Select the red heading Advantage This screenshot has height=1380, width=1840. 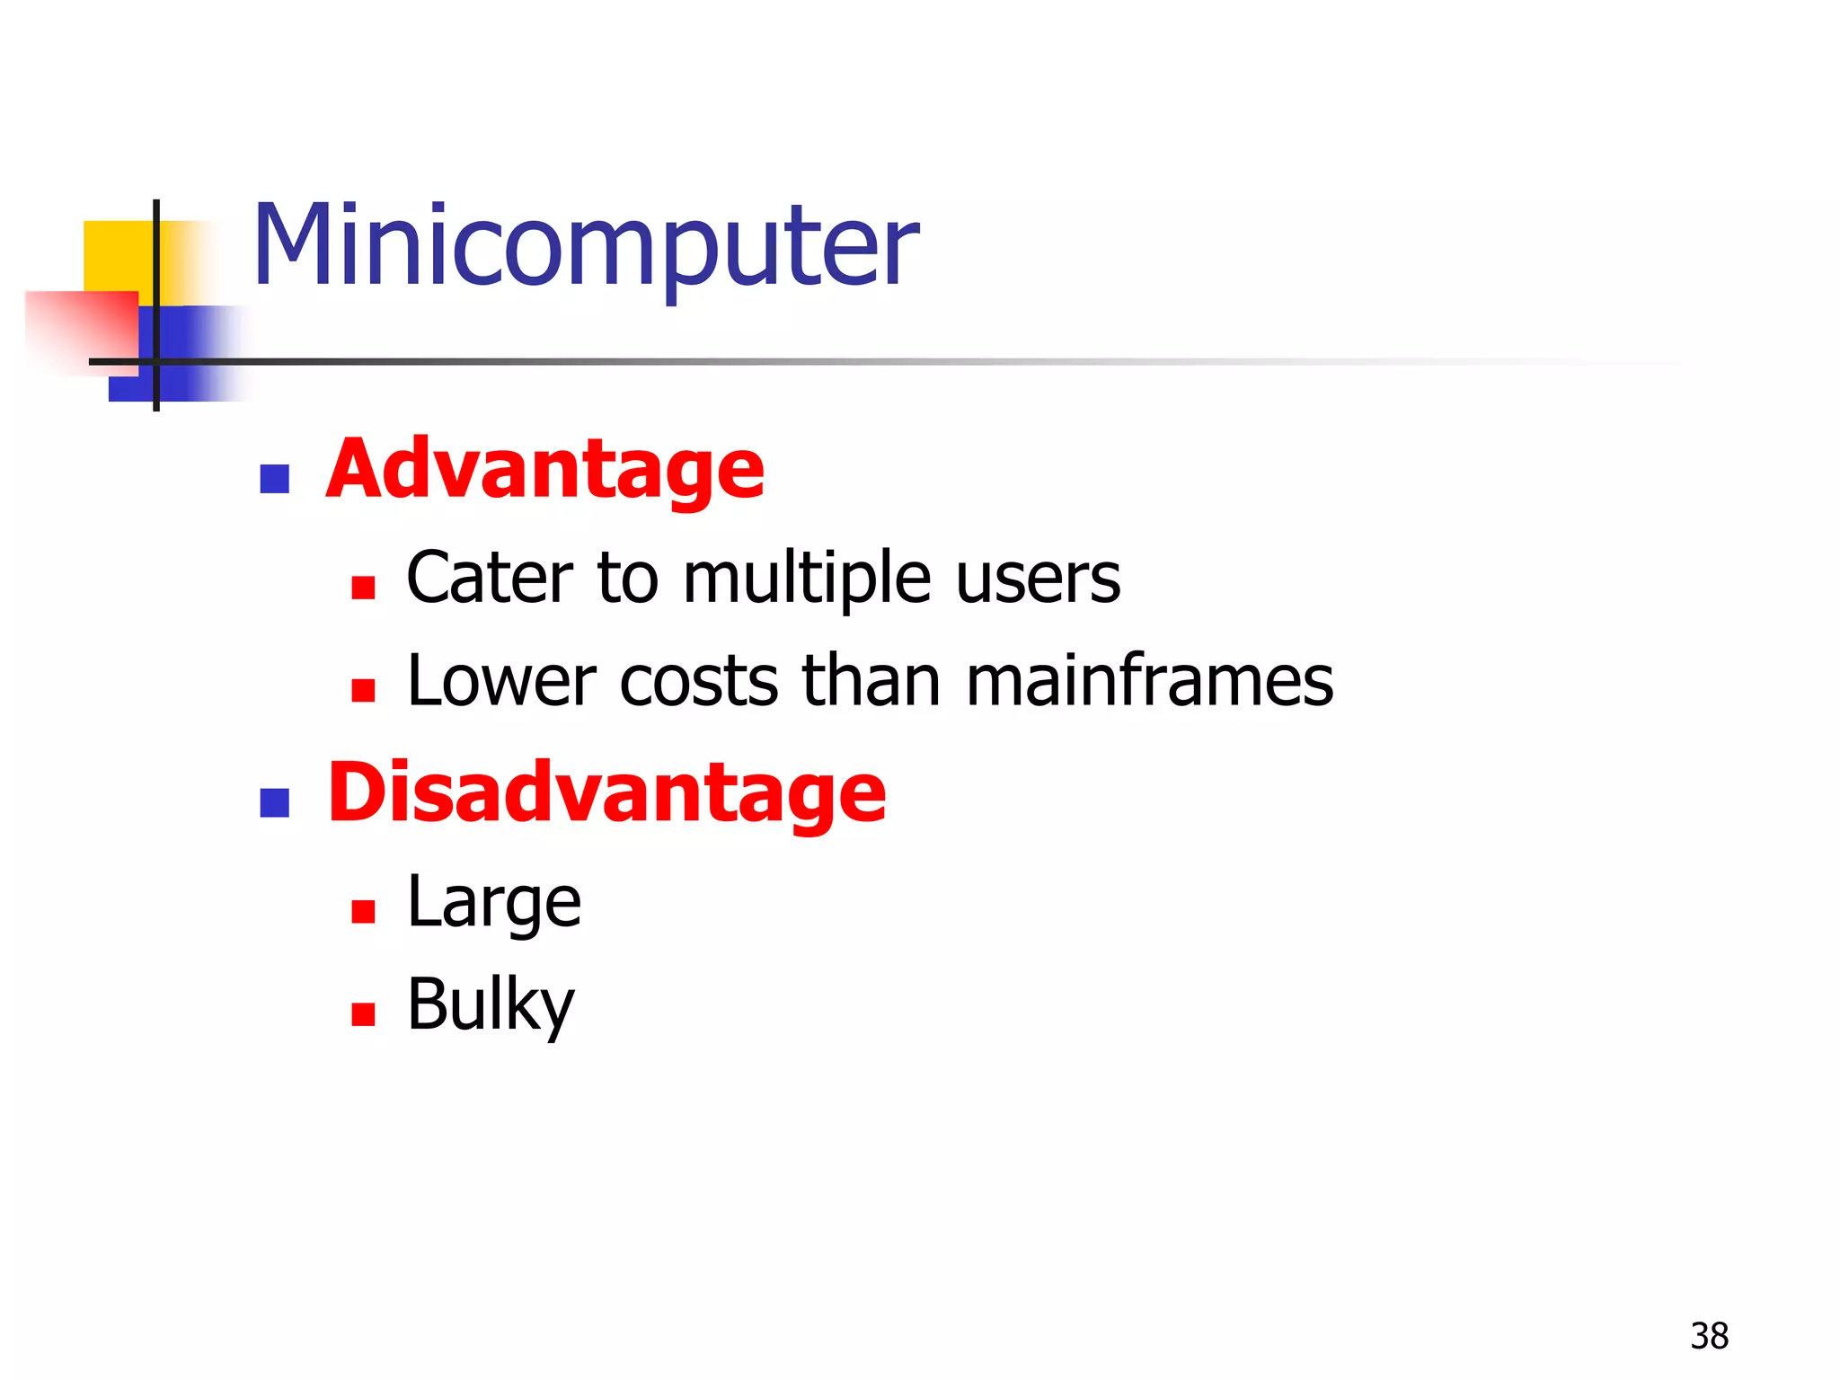tap(544, 469)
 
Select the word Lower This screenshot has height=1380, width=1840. tap(501, 681)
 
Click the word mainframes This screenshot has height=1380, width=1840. tap(1149, 681)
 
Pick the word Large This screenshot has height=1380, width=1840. tap(494, 903)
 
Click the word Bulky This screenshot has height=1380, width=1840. tap(491, 1005)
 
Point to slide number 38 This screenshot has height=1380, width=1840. tap(1709, 1336)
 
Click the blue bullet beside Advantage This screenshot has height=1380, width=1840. tap(274, 479)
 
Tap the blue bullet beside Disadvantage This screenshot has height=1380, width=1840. tap(274, 802)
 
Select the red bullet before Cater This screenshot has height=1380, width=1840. tap(363, 588)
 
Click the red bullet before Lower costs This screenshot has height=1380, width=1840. tap(363, 690)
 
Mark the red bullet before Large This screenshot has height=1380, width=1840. tap(363, 912)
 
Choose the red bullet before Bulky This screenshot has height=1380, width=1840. tap(363, 1014)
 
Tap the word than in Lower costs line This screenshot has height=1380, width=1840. tap(871, 681)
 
